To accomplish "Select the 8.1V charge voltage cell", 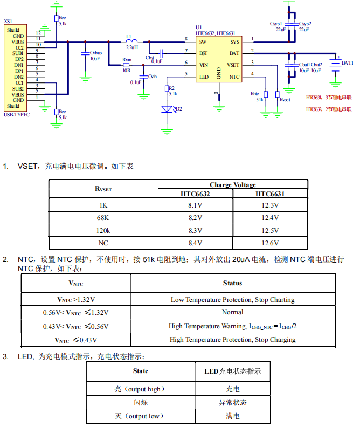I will coord(195,205).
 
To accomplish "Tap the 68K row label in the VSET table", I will coord(103,218).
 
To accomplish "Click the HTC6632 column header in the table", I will coord(195,194).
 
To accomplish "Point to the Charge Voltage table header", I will coord(233,184).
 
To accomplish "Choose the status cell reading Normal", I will coord(232,312).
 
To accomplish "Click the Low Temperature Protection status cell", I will coord(232,299).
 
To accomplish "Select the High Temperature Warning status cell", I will coord(232,326).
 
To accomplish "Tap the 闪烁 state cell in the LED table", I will coord(141,402).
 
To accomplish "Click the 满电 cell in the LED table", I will coord(233,416).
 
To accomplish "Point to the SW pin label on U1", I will coord(203,42).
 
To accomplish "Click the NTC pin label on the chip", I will coord(234,77).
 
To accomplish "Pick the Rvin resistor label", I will coord(127,58).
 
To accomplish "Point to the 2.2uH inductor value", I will coord(133,47).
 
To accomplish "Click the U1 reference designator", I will coord(198,27).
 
